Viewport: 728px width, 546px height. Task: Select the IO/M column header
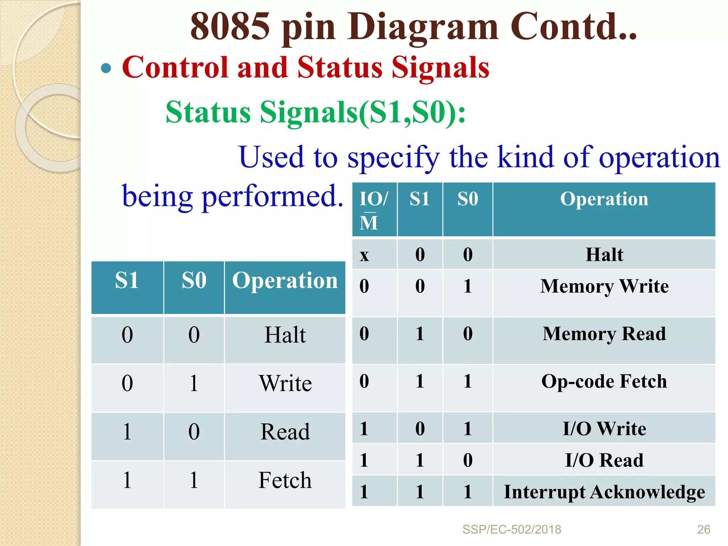coord(374,210)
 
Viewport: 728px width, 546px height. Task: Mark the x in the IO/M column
coord(364,255)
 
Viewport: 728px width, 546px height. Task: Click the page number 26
coord(703,529)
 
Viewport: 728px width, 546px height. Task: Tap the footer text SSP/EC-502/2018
coord(512,529)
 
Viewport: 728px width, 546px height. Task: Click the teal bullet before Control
coord(106,68)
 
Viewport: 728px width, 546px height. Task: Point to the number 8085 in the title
coord(230,27)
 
